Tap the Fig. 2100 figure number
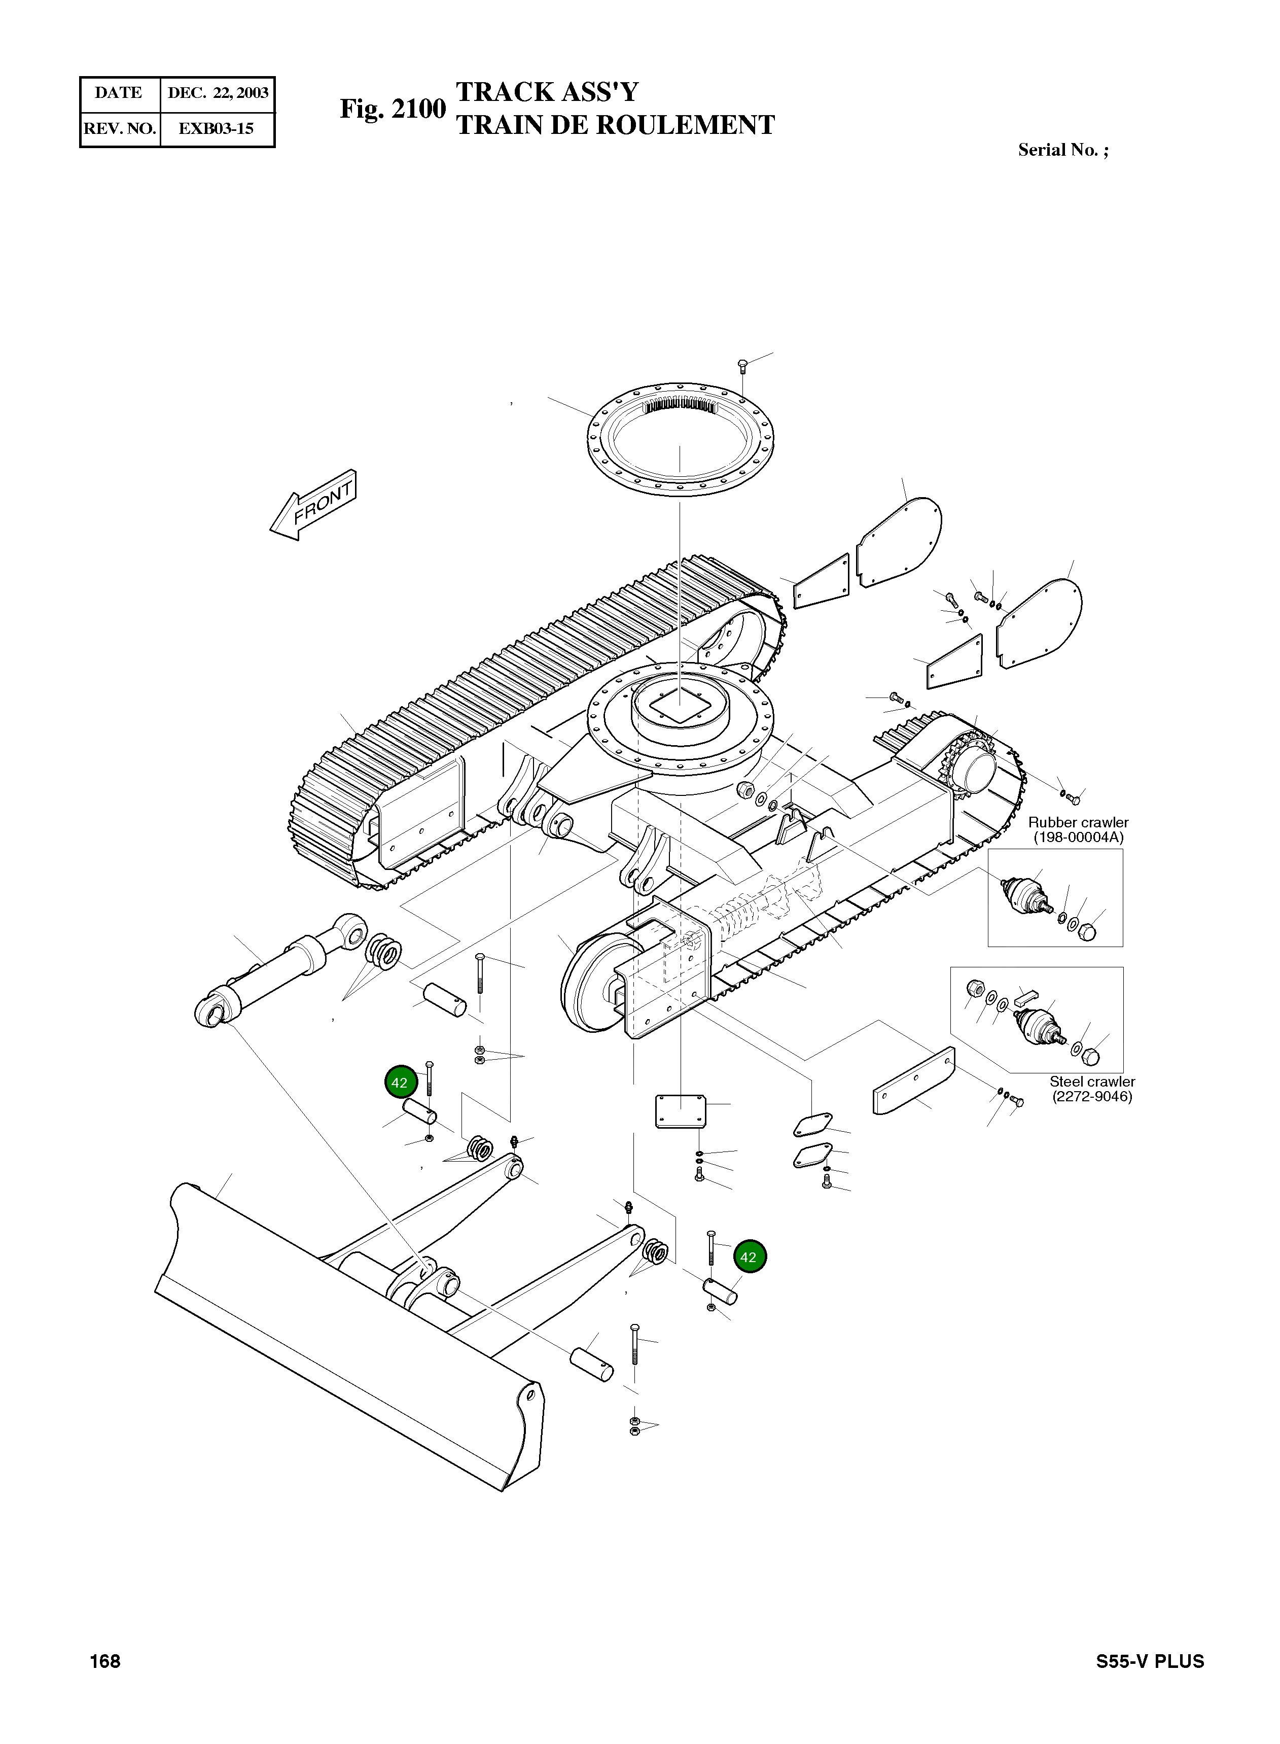click(x=393, y=109)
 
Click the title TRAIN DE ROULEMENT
click(x=615, y=126)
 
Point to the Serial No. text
click(x=1062, y=150)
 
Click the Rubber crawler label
click(x=1078, y=822)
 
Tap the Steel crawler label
click(x=1092, y=1082)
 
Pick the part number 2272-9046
click(x=1092, y=1097)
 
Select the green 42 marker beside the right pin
click(x=749, y=1257)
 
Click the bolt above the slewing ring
click(x=742, y=364)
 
